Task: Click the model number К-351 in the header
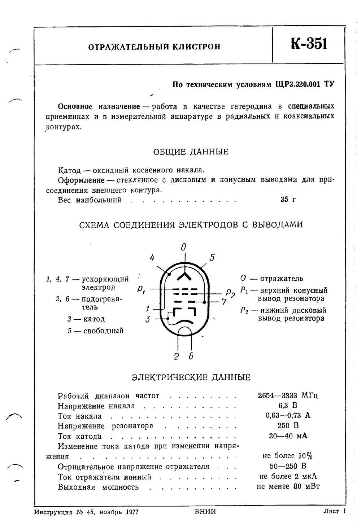click(x=309, y=44)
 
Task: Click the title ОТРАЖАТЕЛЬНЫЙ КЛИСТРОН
click(x=155, y=47)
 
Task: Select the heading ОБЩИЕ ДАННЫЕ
click(x=191, y=152)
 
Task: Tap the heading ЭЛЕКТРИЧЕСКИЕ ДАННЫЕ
click(x=191, y=378)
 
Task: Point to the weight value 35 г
click(x=288, y=200)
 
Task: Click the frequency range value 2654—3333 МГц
click(x=288, y=395)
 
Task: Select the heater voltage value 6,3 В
click(x=288, y=406)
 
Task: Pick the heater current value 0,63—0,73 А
click(x=288, y=416)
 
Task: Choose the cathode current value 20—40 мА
click(x=288, y=436)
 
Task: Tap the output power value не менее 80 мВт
click(x=288, y=486)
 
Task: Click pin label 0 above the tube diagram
click(x=184, y=247)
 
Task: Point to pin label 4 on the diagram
click(x=152, y=258)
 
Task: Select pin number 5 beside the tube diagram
click(x=212, y=258)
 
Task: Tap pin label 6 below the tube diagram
click(x=191, y=356)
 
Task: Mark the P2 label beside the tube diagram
click(x=230, y=293)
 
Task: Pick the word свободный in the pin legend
click(x=103, y=331)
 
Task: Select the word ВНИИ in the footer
click(x=205, y=512)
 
